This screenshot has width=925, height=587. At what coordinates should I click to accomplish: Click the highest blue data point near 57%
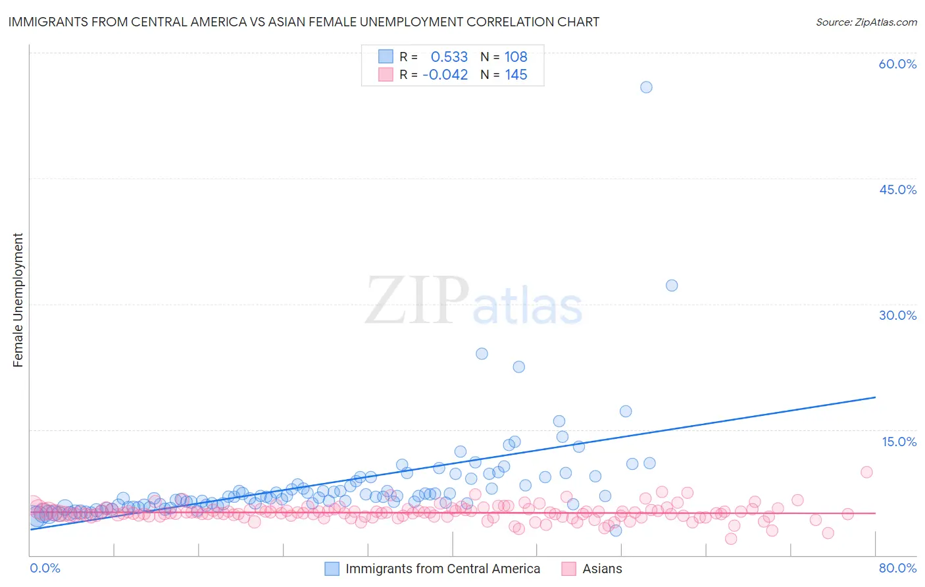(x=646, y=87)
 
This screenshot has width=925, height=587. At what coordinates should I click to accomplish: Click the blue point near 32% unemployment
(x=671, y=285)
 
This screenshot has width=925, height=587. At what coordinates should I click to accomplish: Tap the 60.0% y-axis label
(x=897, y=64)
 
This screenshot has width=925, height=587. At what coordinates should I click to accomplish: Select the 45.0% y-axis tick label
(x=897, y=190)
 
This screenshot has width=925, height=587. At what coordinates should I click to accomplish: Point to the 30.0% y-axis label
(x=897, y=315)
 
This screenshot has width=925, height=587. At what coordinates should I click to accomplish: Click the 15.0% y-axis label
(x=899, y=442)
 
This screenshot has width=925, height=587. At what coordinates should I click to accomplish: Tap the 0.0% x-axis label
(x=45, y=568)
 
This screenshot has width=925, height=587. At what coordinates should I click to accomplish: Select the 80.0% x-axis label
(x=897, y=568)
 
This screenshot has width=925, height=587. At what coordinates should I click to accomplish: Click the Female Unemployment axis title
(x=18, y=300)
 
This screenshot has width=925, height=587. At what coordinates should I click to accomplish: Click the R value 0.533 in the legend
(x=449, y=57)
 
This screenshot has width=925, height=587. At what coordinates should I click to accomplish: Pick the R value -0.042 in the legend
(x=445, y=75)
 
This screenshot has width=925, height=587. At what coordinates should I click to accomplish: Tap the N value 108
(x=516, y=57)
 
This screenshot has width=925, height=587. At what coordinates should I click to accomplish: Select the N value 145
(x=516, y=75)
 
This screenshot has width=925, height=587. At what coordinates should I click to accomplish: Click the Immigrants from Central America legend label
(x=442, y=569)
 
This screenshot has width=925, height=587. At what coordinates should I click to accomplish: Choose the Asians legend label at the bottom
(x=602, y=569)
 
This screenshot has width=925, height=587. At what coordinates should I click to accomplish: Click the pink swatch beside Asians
(x=568, y=569)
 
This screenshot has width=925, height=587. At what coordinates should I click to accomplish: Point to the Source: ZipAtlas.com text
(x=866, y=22)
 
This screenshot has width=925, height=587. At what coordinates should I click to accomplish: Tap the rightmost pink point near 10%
(x=866, y=472)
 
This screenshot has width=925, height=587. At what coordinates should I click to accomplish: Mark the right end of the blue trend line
(x=875, y=397)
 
